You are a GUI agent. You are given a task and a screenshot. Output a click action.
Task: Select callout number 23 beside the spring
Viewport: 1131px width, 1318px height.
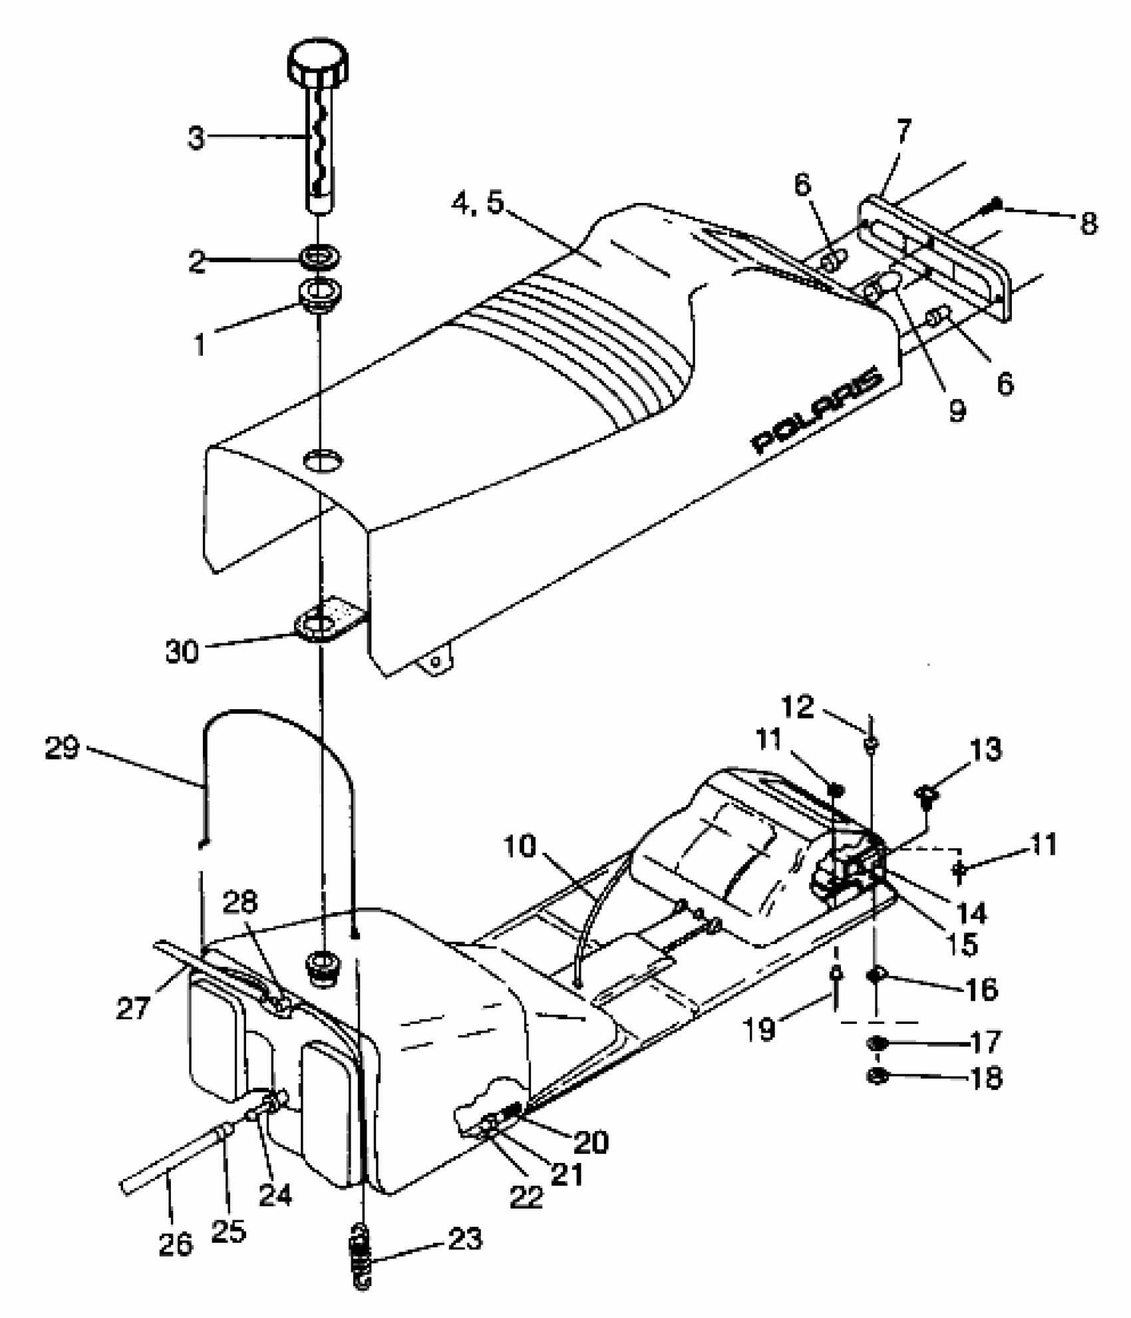464,1239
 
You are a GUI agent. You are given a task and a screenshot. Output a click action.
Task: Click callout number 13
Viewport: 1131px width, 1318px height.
985,749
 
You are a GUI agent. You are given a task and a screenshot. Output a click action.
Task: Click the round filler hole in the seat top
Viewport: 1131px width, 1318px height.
322,460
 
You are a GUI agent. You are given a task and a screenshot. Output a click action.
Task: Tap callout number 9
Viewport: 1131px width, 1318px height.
956,411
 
